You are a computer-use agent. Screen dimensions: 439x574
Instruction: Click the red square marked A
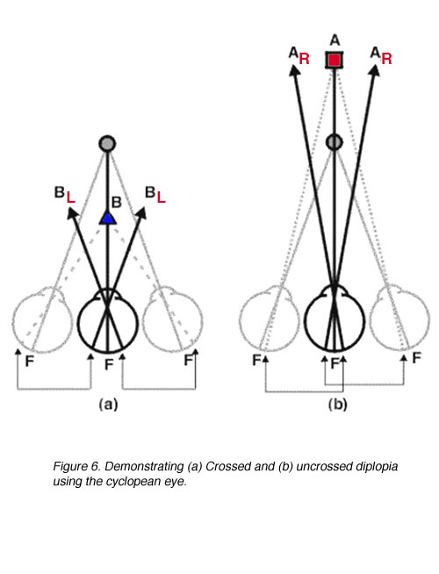coord(334,60)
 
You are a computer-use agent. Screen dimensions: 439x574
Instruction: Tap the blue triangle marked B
coord(108,219)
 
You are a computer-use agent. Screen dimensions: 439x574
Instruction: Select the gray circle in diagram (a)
coord(107,144)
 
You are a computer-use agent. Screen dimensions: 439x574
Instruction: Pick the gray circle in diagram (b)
coord(334,141)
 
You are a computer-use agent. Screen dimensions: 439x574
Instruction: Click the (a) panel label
coord(108,405)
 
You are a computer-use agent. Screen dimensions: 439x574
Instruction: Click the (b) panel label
coord(337,405)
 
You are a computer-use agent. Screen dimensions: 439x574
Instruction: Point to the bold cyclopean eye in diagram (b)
coord(335,319)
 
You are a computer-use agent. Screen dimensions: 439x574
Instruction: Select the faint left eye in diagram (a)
coord(42,319)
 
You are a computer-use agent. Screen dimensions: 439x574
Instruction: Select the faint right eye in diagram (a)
coord(172,319)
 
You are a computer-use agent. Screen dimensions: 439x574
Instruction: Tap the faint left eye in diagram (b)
coord(270,319)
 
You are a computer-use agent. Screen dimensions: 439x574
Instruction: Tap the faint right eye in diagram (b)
coord(399,319)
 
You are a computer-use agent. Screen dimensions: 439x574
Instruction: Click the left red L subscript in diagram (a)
coord(70,198)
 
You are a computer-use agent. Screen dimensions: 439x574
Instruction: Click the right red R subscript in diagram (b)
coord(386,59)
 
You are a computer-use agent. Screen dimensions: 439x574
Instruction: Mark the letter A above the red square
coord(335,39)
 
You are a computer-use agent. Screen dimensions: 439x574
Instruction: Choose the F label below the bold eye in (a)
coord(109,364)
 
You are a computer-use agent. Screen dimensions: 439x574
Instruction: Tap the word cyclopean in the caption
coord(133,482)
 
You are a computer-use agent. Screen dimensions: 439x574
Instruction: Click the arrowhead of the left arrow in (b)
coord(293,70)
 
